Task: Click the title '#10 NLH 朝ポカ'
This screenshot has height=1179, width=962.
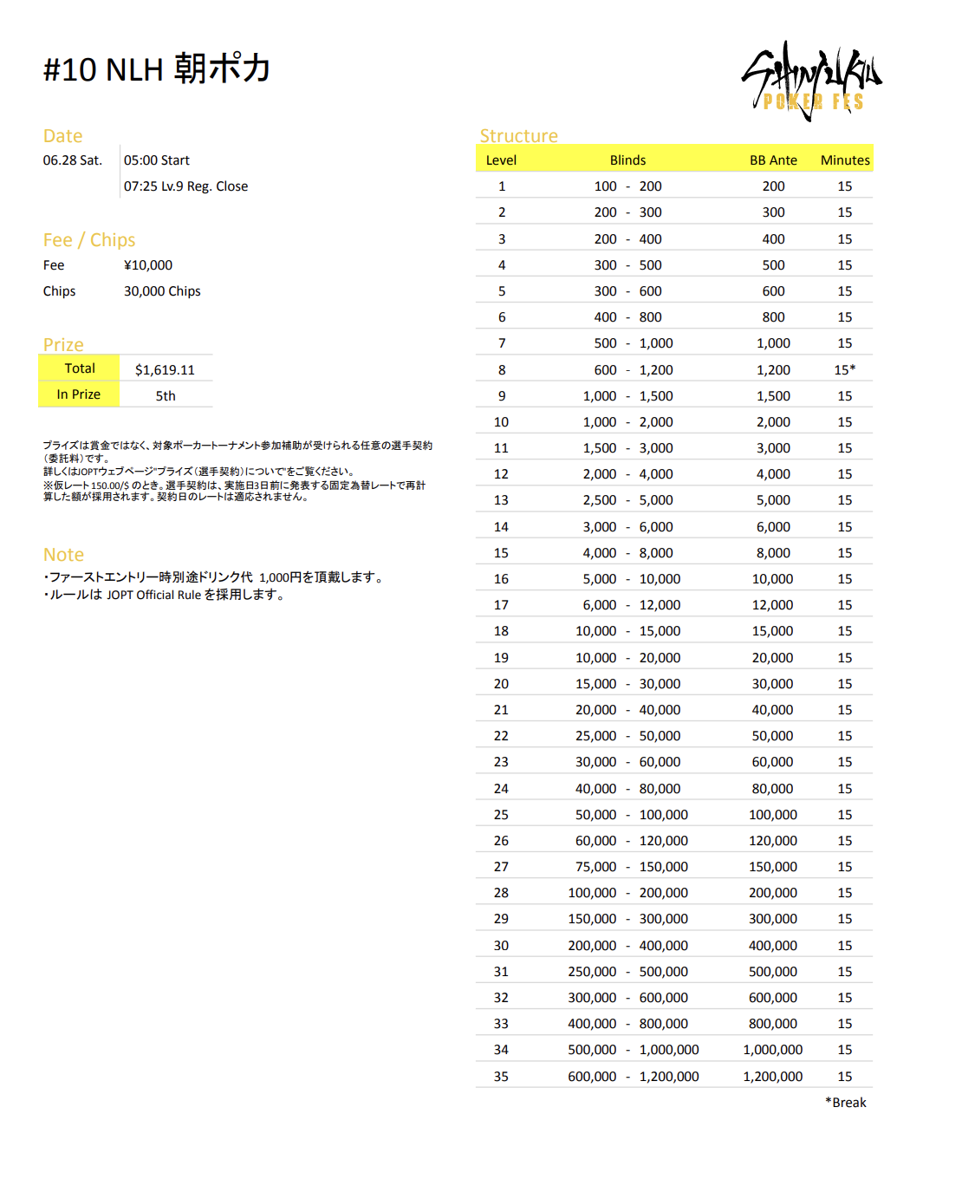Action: click(x=157, y=69)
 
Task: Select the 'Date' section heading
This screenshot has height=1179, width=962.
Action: click(x=62, y=136)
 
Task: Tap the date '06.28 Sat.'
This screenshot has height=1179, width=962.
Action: click(x=73, y=160)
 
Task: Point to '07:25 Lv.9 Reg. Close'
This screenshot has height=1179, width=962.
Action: click(x=185, y=186)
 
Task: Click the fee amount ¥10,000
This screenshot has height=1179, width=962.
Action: click(x=148, y=265)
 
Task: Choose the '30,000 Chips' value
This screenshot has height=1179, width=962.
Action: click(x=162, y=291)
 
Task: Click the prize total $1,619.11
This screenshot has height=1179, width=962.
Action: click(x=165, y=370)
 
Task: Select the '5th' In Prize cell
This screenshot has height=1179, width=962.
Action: click(x=166, y=396)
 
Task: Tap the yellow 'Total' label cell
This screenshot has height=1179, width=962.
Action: click(x=79, y=368)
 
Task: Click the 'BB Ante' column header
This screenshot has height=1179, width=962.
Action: click(x=773, y=160)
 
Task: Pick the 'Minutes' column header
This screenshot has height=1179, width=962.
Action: click(x=845, y=160)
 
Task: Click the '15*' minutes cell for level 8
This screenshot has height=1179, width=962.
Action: click(x=845, y=370)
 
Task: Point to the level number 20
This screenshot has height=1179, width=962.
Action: click(x=501, y=684)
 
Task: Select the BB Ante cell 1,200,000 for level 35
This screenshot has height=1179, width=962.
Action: click(x=772, y=1077)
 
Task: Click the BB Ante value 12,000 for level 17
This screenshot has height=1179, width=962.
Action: click(x=772, y=605)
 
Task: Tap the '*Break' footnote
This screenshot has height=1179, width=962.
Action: click(x=846, y=1103)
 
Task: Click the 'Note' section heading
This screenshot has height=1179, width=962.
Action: click(x=63, y=555)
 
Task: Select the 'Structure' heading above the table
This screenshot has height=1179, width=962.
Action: click(x=518, y=136)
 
